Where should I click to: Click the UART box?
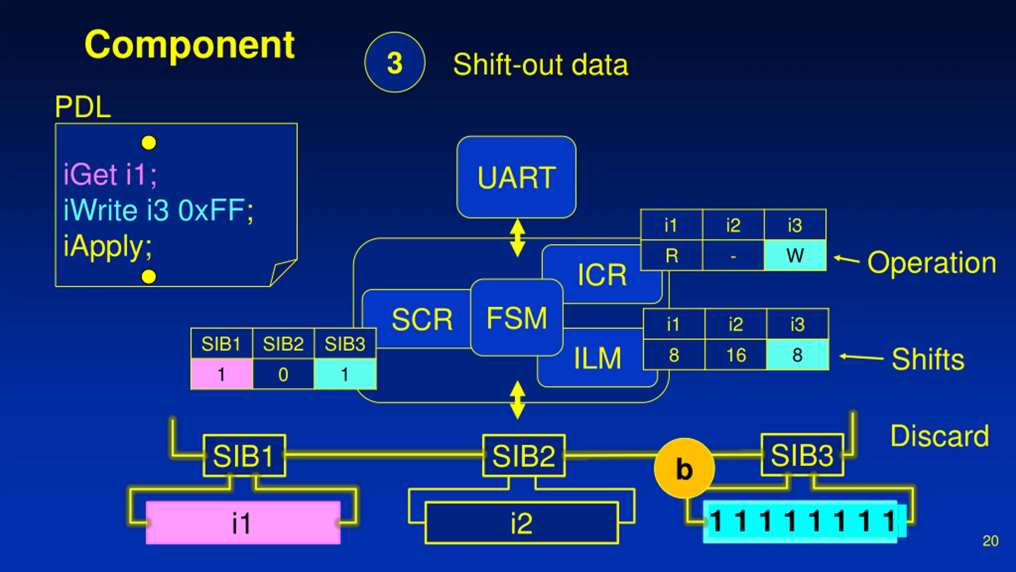[x=516, y=177]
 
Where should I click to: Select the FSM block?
[x=517, y=318]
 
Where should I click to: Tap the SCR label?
[x=422, y=319]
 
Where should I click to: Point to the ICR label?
[x=602, y=274]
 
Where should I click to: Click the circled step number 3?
[x=395, y=62]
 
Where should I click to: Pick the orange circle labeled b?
[x=684, y=468]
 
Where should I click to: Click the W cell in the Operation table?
[x=795, y=255]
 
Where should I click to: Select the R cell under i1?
[x=672, y=255]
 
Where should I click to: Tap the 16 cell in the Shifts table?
[x=736, y=355]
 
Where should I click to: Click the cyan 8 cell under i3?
[x=798, y=355]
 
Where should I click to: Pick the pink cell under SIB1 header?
[x=221, y=374]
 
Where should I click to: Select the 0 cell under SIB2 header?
[x=283, y=374]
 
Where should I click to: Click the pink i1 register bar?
[x=243, y=522]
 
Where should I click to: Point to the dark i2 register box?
[x=521, y=523]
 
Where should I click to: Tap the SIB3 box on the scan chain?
[x=802, y=455]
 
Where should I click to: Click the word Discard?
[x=940, y=436]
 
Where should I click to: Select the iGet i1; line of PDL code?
[x=110, y=174]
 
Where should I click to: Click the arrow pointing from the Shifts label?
[x=861, y=357]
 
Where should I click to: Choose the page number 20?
[x=991, y=541]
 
